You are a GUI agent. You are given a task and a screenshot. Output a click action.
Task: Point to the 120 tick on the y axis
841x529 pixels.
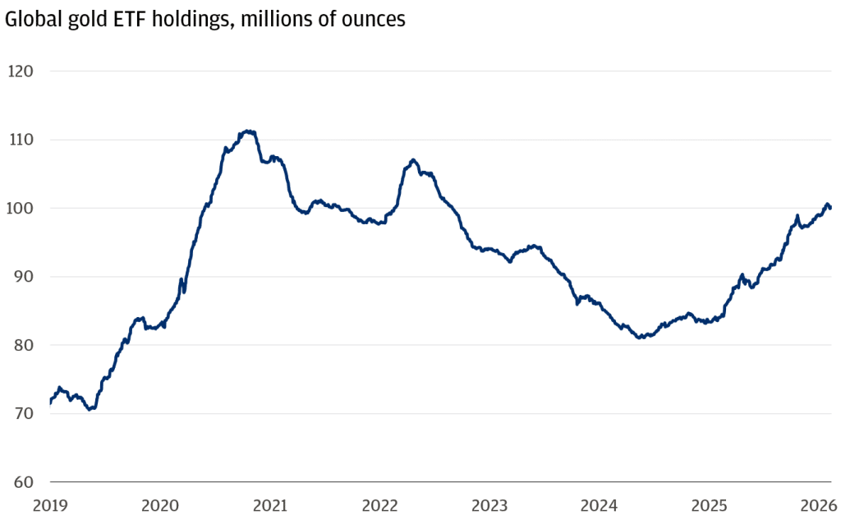pyautogui.click(x=20, y=71)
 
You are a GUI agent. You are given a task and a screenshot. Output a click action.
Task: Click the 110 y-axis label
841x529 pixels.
pyautogui.click(x=20, y=140)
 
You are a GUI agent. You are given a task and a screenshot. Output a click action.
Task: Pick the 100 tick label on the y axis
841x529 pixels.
pyautogui.click(x=20, y=208)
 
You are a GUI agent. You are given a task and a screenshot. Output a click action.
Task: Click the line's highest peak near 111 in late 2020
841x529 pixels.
pyautogui.click(x=247, y=131)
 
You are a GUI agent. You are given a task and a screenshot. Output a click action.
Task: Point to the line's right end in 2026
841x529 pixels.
pyautogui.click(x=830, y=208)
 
